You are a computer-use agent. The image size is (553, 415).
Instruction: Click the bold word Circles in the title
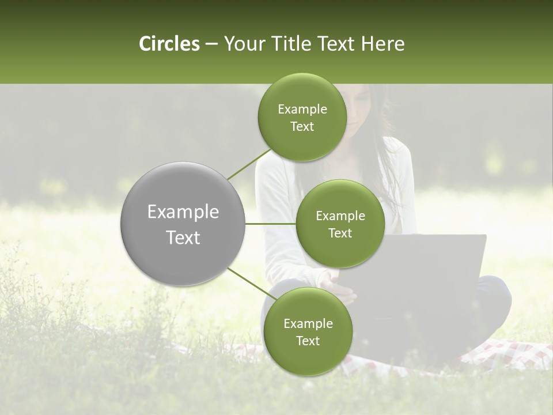click(x=169, y=44)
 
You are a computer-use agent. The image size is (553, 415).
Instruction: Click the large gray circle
click(x=183, y=224)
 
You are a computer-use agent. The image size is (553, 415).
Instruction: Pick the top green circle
click(x=302, y=117)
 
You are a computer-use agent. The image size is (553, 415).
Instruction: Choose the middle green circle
click(x=340, y=224)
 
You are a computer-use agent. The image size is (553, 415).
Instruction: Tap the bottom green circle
click(x=308, y=331)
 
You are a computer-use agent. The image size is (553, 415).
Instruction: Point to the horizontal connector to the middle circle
click(x=271, y=224)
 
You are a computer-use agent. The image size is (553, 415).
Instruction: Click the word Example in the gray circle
click(x=183, y=212)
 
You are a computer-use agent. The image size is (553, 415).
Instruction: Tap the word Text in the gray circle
click(x=183, y=237)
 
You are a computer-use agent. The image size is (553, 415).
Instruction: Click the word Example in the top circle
click(x=302, y=109)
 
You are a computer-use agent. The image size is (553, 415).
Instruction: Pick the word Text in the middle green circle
click(x=340, y=233)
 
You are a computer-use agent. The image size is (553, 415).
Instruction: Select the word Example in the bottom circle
click(x=308, y=323)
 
